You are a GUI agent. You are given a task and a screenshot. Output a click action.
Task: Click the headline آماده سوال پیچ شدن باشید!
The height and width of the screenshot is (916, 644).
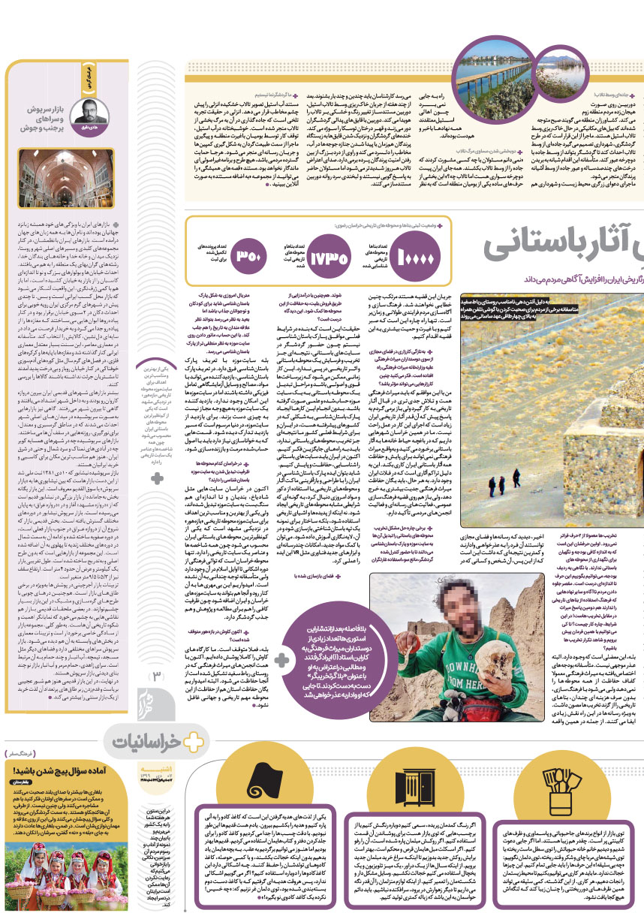56,771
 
